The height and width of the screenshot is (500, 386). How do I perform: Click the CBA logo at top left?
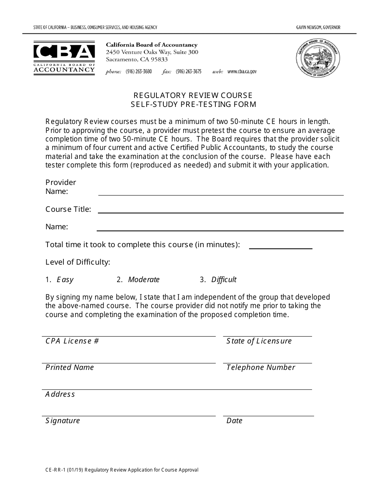(64, 57)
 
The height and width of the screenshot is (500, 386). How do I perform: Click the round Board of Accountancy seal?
(318, 57)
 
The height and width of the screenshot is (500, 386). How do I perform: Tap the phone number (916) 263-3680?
(139, 72)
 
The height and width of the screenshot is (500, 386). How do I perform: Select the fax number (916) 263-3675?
(188, 72)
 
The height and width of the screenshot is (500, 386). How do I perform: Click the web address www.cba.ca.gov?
(242, 72)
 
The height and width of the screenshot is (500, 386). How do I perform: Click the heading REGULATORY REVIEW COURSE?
(193, 95)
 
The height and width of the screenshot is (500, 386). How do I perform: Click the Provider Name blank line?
(221, 191)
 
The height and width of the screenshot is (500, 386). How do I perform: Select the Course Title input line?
(221, 209)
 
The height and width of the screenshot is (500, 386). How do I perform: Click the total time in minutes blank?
(280, 244)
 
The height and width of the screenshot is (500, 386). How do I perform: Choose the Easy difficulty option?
(65, 280)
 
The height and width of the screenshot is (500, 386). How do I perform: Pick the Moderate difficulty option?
(144, 280)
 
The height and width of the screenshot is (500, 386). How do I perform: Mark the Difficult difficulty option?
(223, 280)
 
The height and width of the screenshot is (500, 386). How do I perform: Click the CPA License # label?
(72, 341)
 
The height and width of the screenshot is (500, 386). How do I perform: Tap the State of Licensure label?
(259, 341)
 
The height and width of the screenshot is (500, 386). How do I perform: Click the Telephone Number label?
(260, 367)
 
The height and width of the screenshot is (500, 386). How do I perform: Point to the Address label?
(60, 394)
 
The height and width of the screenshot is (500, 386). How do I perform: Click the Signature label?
(63, 421)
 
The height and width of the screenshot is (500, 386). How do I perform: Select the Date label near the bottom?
(234, 421)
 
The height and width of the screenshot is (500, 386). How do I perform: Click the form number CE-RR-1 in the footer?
(57, 470)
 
